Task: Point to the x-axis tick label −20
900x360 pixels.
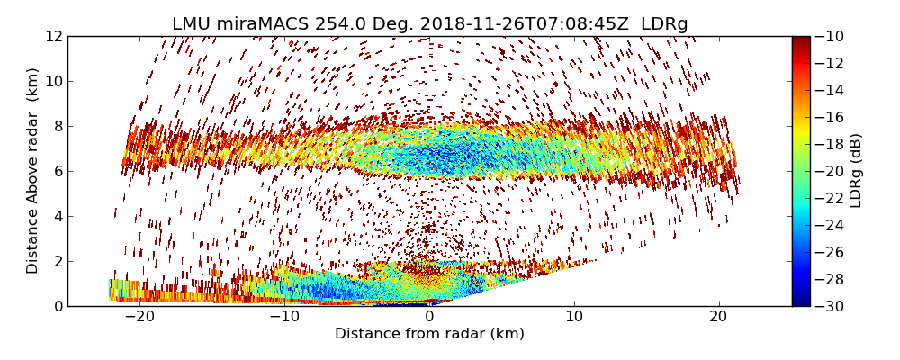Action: [x=139, y=317]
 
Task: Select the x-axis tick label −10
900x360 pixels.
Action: [x=284, y=317]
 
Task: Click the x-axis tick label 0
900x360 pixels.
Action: [x=429, y=317]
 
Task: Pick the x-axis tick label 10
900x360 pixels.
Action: [x=574, y=317]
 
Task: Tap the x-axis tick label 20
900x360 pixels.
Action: [x=719, y=317]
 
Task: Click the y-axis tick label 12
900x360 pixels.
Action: [x=53, y=36]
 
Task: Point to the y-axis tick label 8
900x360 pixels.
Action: [x=57, y=126]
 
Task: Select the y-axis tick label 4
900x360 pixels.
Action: [x=57, y=216]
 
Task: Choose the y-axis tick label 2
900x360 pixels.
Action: [x=57, y=261]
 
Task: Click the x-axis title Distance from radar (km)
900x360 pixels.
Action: [x=429, y=334]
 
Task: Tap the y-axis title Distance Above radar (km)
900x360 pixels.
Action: [x=33, y=171]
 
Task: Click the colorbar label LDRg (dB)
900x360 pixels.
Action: [x=856, y=171]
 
